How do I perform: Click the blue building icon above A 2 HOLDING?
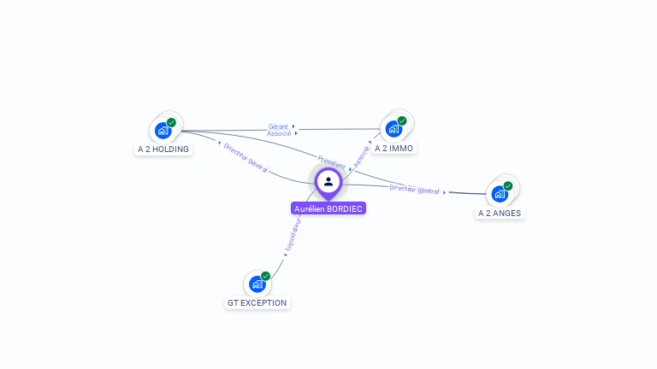coord(162,131)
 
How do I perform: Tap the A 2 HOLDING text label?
coord(163,149)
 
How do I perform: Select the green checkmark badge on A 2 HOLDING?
coord(171,123)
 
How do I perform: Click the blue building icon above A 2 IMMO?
coord(394,129)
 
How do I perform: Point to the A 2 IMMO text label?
coord(394,148)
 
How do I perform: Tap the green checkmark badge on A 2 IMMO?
coord(402,120)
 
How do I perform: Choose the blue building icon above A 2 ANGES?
coord(500,194)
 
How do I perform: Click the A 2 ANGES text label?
coord(500,213)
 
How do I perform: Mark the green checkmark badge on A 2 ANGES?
coord(508,185)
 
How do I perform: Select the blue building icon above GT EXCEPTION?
coord(257,284)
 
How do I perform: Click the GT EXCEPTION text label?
coord(257,302)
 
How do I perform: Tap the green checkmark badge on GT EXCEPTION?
coord(265,276)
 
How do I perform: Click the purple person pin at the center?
coord(328,182)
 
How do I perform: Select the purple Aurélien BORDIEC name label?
coord(328,208)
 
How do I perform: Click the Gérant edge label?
coord(279,126)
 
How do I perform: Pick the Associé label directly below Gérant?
coord(279,134)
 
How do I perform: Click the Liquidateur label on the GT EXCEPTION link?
coord(293,235)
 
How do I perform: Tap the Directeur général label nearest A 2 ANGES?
coord(414,190)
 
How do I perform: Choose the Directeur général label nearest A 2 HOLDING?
coord(246,158)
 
